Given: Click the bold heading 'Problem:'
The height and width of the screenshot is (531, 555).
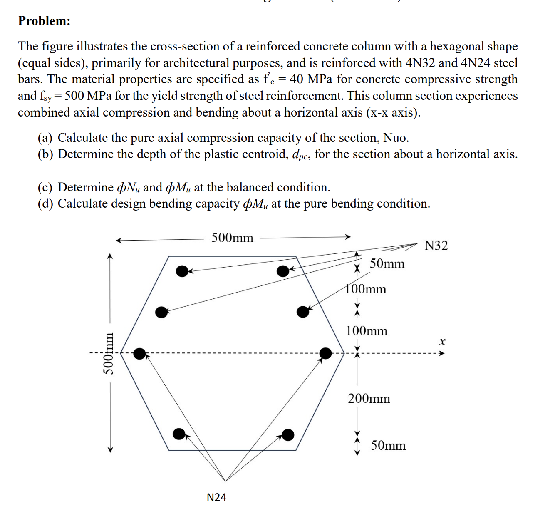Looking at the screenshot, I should (x=44, y=21).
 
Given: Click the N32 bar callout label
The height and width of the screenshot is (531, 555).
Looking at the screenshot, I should (x=436, y=246).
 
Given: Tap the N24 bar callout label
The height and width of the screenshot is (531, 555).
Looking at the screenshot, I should (x=216, y=497).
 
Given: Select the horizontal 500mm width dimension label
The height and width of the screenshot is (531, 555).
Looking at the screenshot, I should (x=232, y=238).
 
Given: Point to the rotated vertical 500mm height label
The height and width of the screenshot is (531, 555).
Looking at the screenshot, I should (x=109, y=354).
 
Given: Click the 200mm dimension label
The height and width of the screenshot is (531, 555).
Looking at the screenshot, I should (x=369, y=399).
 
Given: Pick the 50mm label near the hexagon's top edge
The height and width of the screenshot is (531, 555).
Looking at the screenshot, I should (x=387, y=264).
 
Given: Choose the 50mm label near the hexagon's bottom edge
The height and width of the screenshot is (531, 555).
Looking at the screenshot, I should (x=388, y=446).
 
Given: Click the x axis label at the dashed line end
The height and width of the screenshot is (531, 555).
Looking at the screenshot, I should (x=442, y=342).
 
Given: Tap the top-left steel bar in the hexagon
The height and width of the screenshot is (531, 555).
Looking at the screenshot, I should (x=182, y=271).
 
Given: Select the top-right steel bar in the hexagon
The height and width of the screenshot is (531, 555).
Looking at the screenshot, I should (x=283, y=271).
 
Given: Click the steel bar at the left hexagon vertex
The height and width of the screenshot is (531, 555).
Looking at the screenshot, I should (x=140, y=354).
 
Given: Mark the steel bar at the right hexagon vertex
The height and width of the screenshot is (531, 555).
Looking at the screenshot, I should (x=325, y=354).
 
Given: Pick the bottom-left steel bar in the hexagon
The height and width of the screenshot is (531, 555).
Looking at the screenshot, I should (x=179, y=434).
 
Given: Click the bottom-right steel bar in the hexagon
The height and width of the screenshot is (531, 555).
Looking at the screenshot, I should (x=288, y=435).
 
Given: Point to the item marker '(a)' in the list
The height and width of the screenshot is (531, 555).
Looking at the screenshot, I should (x=45, y=138).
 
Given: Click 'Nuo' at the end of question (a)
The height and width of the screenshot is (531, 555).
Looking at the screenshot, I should (x=396, y=138).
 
